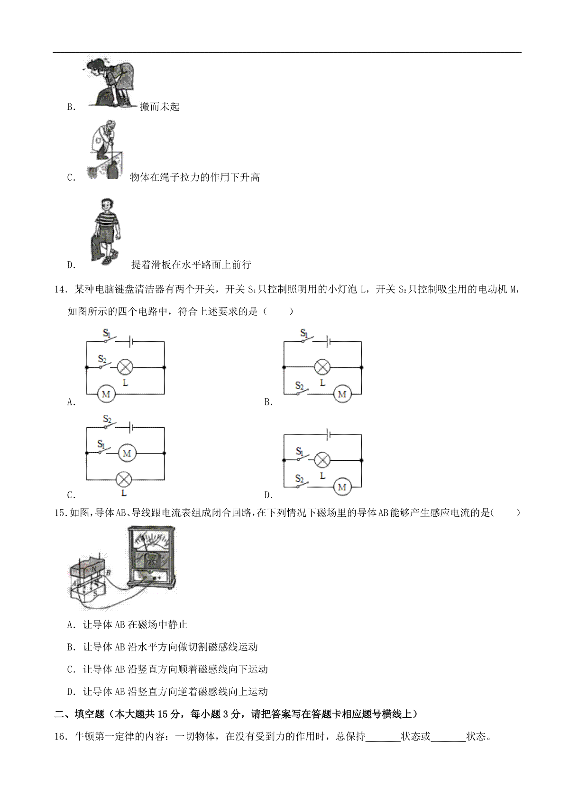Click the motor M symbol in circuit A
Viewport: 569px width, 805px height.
(106, 394)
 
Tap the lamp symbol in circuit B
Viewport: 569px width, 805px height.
(322, 367)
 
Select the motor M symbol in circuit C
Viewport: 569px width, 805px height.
(127, 453)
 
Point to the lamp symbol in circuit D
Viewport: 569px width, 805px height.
(322, 460)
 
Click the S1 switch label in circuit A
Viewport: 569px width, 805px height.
(107, 333)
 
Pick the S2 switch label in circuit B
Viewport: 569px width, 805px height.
(299, 386)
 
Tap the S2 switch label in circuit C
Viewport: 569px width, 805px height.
(107, 419)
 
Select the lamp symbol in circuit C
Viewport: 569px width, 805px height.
(124, 479)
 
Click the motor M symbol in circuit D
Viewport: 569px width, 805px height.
(342, 487)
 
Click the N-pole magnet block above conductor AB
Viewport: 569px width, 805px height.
(88, 568)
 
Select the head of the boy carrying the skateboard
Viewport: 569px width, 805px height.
(107, 205)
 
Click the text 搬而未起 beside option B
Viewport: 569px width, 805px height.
(160, 107)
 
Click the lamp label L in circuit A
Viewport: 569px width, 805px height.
(125, 383)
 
